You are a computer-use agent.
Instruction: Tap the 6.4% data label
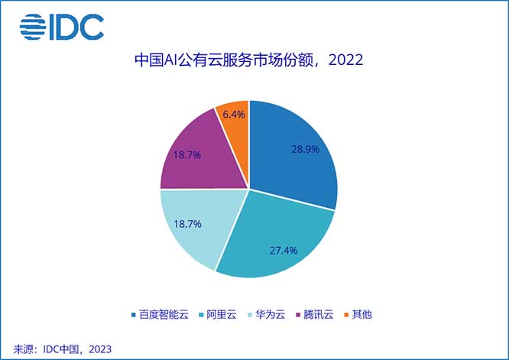(234, 115)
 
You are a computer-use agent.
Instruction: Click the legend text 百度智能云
(163, 314)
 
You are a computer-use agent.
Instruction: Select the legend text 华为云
(273, 314)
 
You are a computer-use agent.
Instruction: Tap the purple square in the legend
(300, 314)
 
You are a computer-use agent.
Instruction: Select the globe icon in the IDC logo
(33, 28)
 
